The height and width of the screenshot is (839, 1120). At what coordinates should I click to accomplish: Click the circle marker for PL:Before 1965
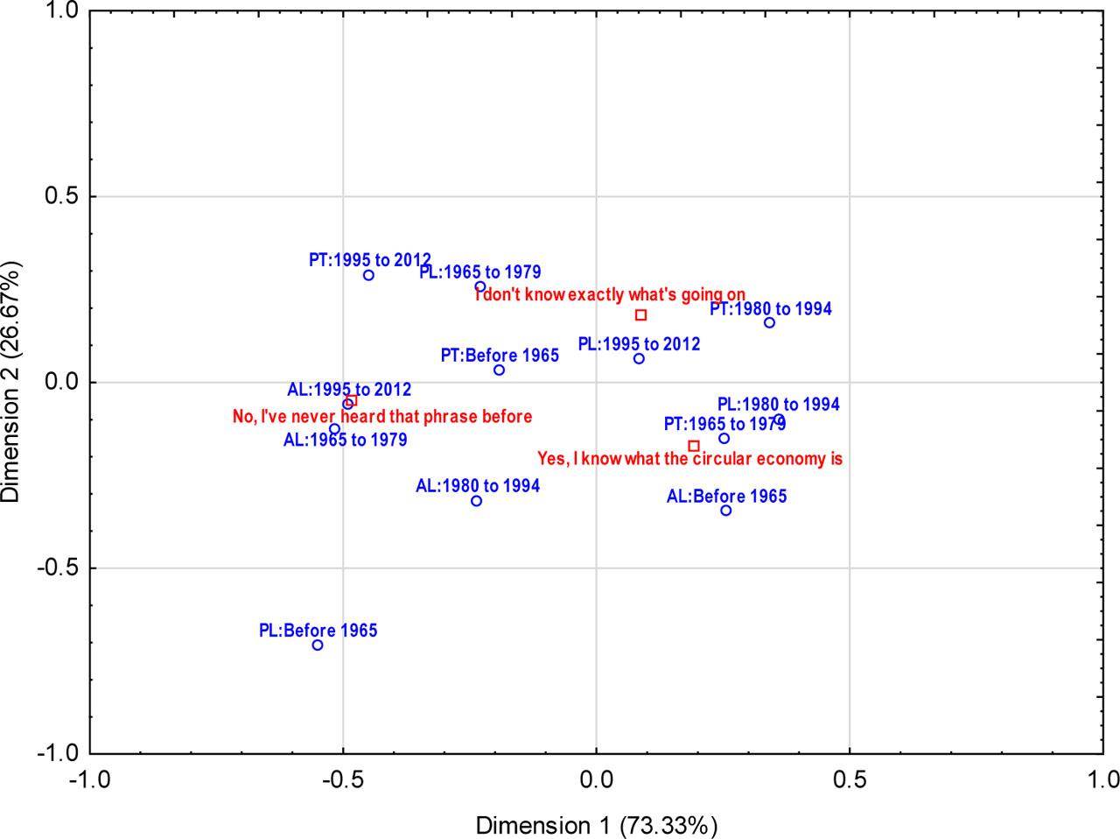click(x=318, y=645)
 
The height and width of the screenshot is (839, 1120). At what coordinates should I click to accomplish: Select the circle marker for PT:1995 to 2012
click(x=368, y=275)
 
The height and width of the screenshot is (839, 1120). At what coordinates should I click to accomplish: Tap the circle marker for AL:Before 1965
click(x=726, y=511)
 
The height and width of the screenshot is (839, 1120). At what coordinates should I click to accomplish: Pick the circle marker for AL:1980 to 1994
click(x=476, y=501)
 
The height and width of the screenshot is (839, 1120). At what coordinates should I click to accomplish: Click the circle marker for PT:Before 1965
click(x=499, y=370)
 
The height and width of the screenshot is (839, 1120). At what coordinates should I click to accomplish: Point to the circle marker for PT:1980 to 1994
click(x=769, y=323)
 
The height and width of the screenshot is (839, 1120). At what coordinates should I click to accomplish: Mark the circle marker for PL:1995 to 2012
click(x=639, y=359)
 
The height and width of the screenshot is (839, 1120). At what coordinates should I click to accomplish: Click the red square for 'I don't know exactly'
click(x=640, y=315)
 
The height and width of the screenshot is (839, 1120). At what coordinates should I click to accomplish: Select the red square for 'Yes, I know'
click(x=694, y=446)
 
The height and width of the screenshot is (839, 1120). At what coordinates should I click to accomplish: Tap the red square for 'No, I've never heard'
click(x=352, y=400)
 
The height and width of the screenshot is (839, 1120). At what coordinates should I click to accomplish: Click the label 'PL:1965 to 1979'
click(x=479, y=271)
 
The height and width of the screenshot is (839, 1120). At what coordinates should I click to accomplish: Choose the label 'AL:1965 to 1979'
click(x=345, y=440)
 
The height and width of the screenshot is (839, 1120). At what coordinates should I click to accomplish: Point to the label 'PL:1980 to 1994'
click(x=778, y=405)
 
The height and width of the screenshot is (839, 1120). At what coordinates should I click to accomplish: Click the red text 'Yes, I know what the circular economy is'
click(x=689, y=459)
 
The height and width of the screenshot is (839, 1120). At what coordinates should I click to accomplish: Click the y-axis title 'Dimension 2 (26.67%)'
click(x=11, y=381)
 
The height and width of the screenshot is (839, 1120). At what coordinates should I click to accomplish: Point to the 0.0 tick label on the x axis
click(x=596, y=779)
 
